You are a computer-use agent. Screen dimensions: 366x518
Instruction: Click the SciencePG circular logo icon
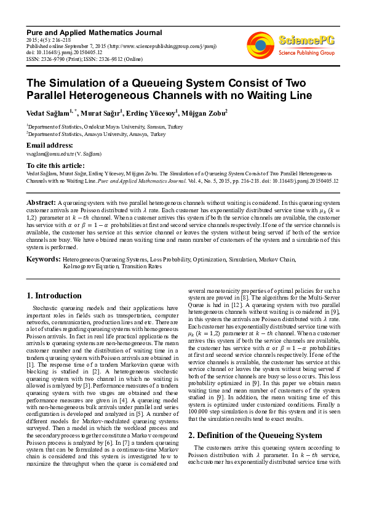point(260,45)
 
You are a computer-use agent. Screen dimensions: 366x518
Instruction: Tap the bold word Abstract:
point(41,202)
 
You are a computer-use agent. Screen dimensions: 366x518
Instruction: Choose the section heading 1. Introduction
point(55,296)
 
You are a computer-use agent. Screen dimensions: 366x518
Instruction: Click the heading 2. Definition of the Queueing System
point(246,436)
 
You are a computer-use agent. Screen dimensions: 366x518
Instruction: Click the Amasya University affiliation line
point(96,133)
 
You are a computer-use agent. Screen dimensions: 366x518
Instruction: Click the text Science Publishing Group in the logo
point(306,54)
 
